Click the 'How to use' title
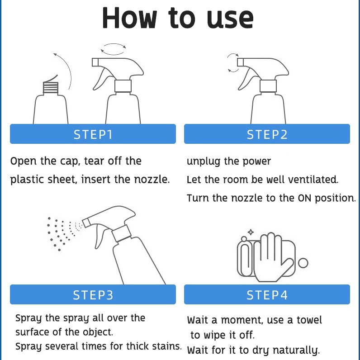(178, 18)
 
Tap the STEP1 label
(93, 134)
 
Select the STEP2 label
(267, 134)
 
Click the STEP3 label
(93, 295)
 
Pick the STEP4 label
(267, 295)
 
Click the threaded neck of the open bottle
(51, 87)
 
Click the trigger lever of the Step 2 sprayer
(245, 79)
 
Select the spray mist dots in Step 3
(63, 232)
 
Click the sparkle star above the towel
(251, 232)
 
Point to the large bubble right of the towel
(303, 263)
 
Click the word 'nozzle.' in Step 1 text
(152, 180)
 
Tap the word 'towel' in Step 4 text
(309, 320)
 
